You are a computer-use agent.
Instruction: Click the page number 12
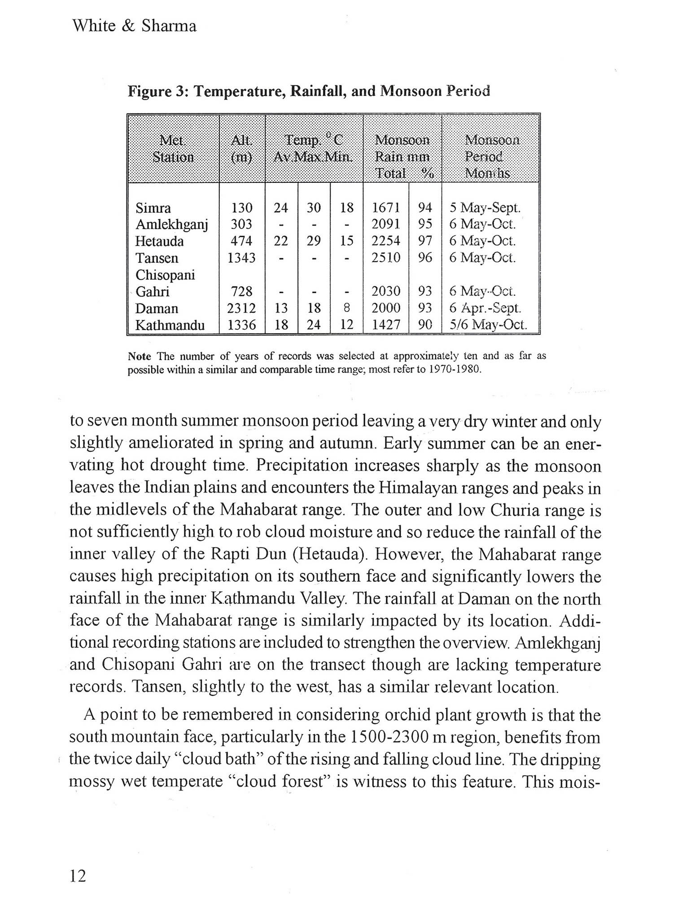[x=78, y=876]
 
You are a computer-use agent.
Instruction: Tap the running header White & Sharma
[x=134, y=26]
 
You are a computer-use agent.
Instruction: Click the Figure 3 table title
[x=309, y=91]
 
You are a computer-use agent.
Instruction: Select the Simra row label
[x=153, y=208]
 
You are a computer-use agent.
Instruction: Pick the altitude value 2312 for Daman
[x=242, y=308]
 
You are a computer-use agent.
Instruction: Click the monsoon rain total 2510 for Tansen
[x=386, y=258]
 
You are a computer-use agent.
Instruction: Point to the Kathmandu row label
[x=170, y=325]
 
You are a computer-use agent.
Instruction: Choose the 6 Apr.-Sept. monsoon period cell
[x=485, y=308]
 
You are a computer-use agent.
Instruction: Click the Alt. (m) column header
[x=241, y=149]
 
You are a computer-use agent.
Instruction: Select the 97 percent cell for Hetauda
[x=425, y=241]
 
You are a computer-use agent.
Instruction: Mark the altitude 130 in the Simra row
[x=242, y=208]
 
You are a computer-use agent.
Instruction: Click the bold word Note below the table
[x=139, y=357]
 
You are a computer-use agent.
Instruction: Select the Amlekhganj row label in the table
[x=172, y=224]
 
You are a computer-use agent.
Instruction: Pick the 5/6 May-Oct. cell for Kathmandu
[x=489, y=325]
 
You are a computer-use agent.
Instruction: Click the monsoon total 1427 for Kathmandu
[x=386, y=325]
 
